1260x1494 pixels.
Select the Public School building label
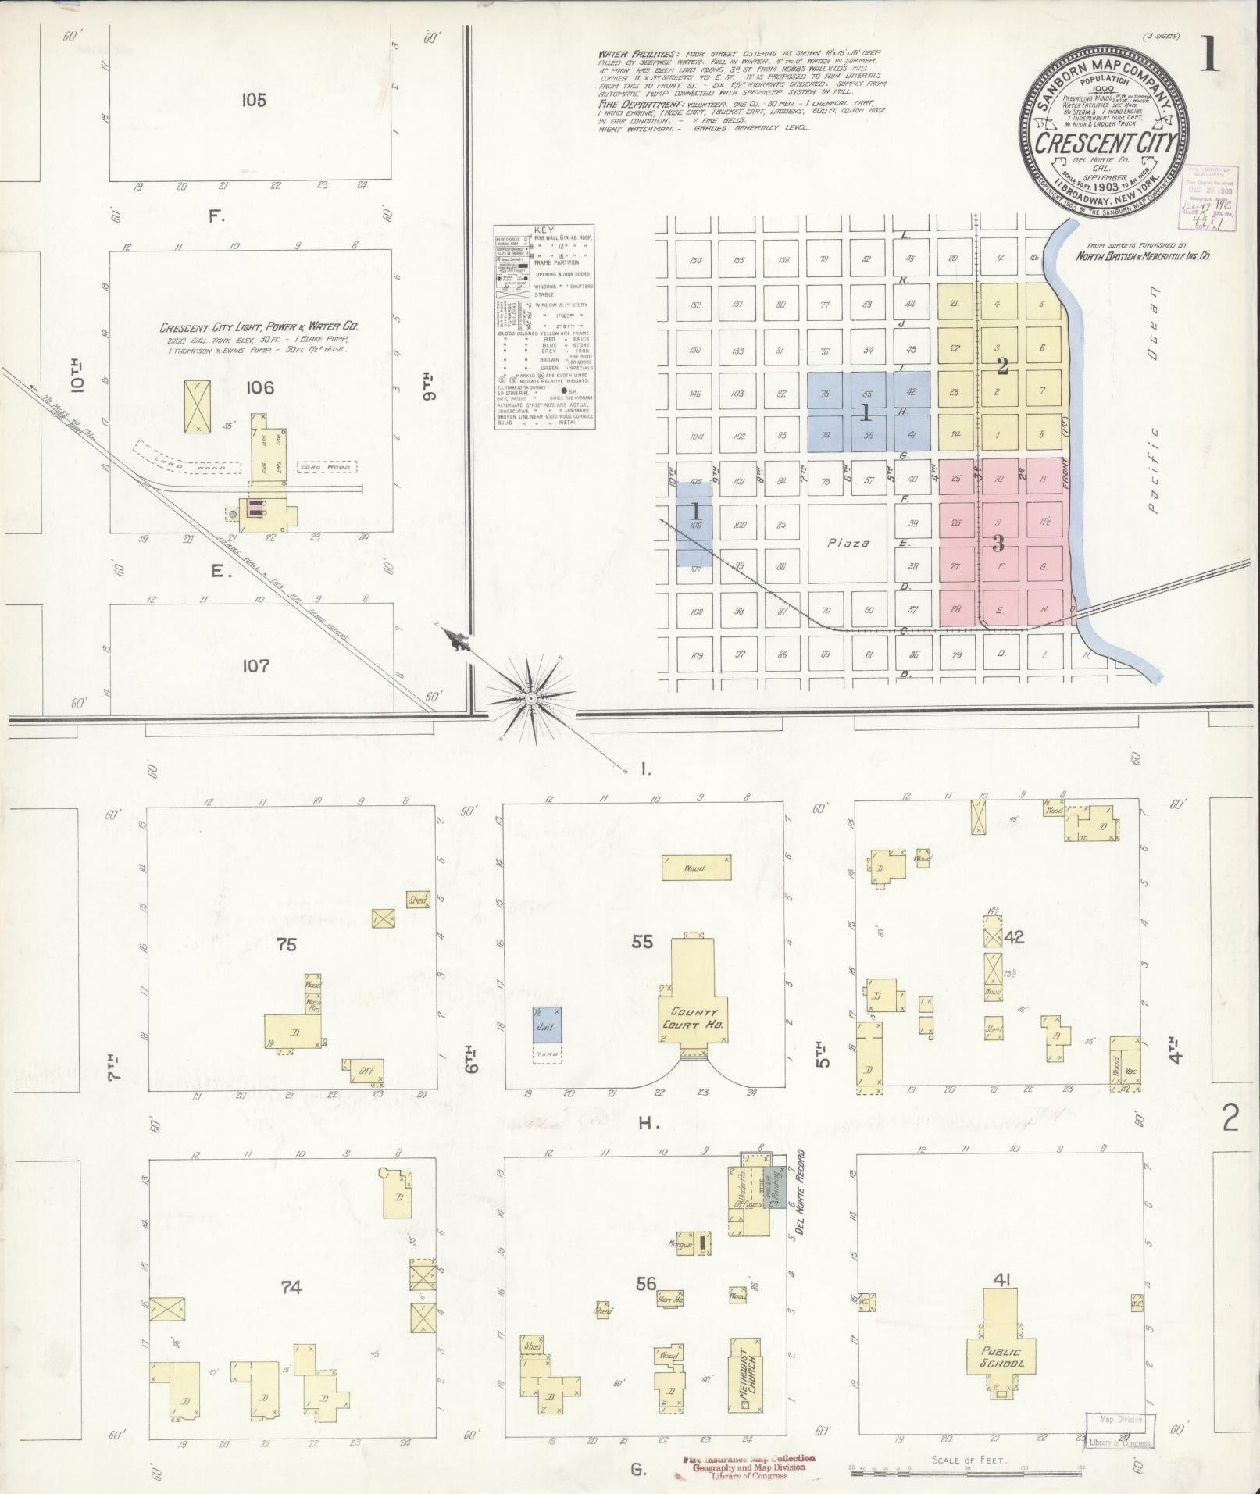[x=1002, y=1357]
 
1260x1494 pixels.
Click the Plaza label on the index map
[x=848, y=543]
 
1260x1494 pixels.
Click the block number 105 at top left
[x=253, y=100]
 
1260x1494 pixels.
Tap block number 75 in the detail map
[x=287, y=944]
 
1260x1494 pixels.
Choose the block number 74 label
[x=291, y=1288]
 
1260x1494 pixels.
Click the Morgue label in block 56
[x=680, y=1244]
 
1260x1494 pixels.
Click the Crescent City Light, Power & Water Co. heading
[x=259, y=328]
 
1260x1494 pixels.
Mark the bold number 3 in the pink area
[x=998, y=543]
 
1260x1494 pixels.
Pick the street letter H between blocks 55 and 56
[x=644, y=1124]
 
